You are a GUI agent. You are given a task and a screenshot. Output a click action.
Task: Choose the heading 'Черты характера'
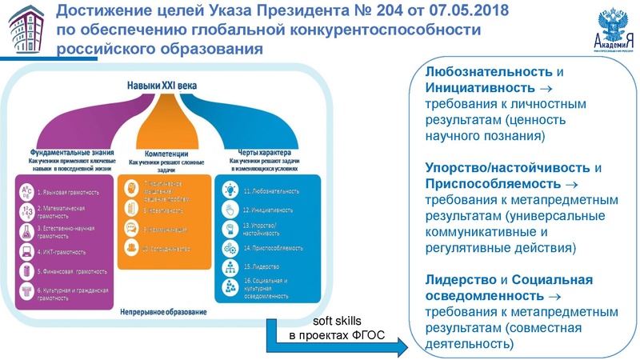263,151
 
